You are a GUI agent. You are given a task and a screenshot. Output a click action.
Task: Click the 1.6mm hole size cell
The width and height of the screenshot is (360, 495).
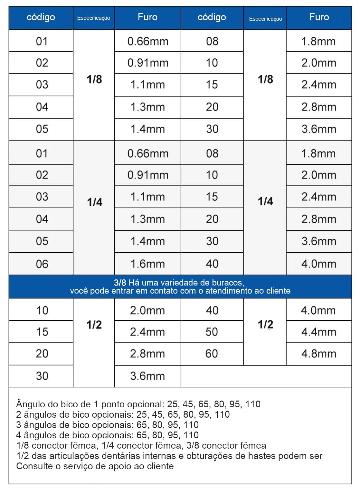pyautogui.click(x=147, y=264)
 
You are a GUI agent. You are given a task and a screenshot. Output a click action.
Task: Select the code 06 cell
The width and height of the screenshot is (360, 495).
pyautogui.click(x=42, y=264)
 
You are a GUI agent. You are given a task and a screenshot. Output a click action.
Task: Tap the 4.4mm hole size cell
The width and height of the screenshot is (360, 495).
pyautogui.click(x=318, y=332)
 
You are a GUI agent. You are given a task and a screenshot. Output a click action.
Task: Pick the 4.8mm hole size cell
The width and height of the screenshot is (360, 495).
pyautogui.click(x=318, y=354)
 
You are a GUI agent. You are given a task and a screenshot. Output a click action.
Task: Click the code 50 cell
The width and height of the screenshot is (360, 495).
pyautogui.click(x=212, y=332)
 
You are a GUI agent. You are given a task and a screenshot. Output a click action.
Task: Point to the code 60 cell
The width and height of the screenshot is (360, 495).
pyautogui.click(x=212, y=354)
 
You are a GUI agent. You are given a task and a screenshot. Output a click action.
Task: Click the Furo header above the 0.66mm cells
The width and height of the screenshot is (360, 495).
pyautogui.click(x=147, y=17)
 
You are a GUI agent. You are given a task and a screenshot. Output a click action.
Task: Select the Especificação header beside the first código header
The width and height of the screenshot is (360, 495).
pyautogui.click(x=94, y=18)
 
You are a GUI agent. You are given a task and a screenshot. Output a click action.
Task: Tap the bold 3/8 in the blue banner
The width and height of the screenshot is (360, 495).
pyautogui.click(x=120, y=283)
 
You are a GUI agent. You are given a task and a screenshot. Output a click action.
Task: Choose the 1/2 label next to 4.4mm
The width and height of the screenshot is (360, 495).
pyautogui.click(x=265, y=324)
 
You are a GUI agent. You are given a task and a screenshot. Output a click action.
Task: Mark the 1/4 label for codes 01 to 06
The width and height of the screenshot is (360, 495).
pyautogui.click(x=95, y=202)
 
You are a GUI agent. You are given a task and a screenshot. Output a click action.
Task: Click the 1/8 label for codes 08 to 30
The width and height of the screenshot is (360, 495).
pyautogui.click(x=265, y=79)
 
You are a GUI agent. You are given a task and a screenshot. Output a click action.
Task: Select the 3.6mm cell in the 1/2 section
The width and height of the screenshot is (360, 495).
pyautogui.click(x=147, y=376)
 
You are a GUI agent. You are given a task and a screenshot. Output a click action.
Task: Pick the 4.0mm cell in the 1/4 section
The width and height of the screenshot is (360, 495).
pyautogui.click(x=318, y=264)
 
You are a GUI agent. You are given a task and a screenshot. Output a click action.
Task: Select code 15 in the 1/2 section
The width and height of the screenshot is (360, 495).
pyautogui.click(x=42, y=332)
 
